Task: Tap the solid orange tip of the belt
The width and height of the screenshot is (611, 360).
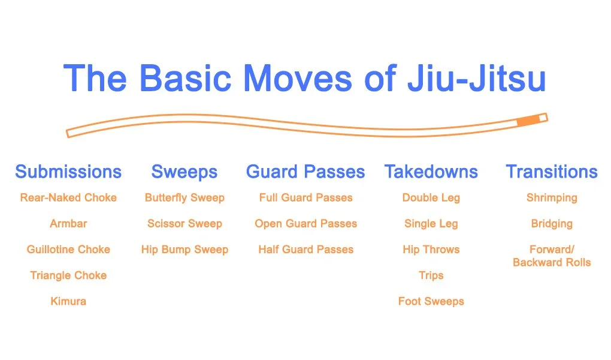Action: pyautogui.click(x=527, y=121)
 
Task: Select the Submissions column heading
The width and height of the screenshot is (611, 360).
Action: pyautogui.click(x=68, y=172)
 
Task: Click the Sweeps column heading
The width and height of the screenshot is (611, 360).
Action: pyautogui.click(x=184, y=172)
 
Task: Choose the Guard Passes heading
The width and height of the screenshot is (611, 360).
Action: pyautogui.click(x=305, y=172)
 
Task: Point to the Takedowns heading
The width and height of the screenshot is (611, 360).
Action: pyautogui.click(x=431, y=172)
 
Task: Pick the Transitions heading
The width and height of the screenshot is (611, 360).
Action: pyautogui.click(x=552, y=172)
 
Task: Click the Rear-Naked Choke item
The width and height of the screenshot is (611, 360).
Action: pyautogui.click(x=68, y=197)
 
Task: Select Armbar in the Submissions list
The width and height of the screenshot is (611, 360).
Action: pyautogui.click(x=68, y=224)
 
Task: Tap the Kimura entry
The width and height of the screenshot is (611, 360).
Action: pyautogui.click(x=68, y=301)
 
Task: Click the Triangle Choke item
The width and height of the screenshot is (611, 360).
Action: pyautogui.click(x=68, y=275)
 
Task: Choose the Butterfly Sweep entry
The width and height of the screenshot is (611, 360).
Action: pyautogui.click(x=184, y=197)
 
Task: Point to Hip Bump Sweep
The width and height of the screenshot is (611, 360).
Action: pyautogui.click(x=184, y=250)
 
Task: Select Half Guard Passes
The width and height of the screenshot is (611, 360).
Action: pyautogui.click(x=305, y=250)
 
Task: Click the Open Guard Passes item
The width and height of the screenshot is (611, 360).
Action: pyautogui.click(x=305, y=224)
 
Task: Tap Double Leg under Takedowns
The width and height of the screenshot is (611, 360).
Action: pyautogui.click(x=431, y=197)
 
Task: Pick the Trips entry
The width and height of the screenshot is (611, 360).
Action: pyautogui.click(x=431, y=275)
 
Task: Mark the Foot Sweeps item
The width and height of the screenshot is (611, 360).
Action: pyautogui.click(x=431, y=301)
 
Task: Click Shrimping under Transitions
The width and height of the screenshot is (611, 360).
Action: pyautogui.click(x=552, y=197)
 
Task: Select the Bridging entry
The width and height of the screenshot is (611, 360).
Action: pyautogui.click(x=552, y=224)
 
